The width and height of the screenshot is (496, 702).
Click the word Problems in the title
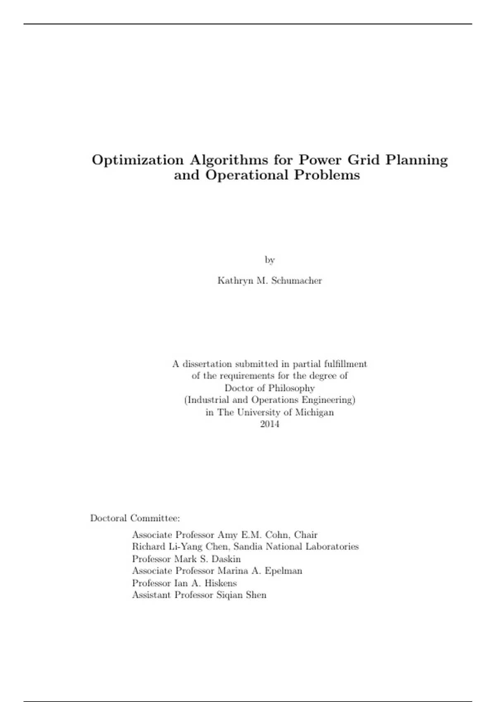click(x=327, y=175)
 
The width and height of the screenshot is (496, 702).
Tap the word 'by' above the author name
click(x=269, y=260)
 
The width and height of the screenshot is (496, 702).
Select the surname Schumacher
click(x=296, y=281)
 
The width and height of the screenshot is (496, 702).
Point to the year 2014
click(x=269, y=424)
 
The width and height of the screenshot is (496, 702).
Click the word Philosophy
click(x=291, y=388)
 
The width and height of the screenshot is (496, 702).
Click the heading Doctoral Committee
click(x=135, y=518)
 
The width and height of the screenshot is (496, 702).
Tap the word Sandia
click(x=248, y=547)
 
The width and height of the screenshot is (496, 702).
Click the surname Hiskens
click(x=221, y=583)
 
